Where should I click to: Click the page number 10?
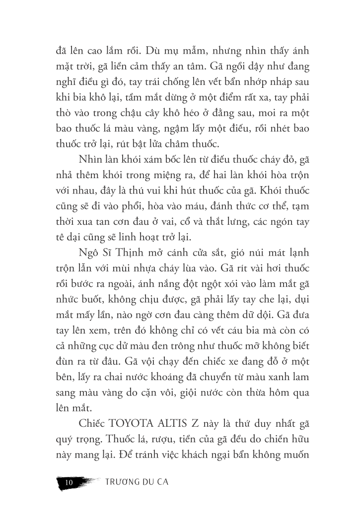pyautogui.click(x=69, y=482)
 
